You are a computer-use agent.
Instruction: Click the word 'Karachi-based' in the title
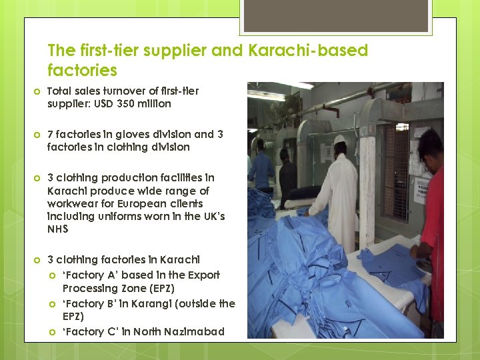308,51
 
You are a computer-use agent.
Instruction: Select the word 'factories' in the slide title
82,70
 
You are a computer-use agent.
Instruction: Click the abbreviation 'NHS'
58,229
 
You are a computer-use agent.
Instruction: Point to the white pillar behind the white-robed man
367,180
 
